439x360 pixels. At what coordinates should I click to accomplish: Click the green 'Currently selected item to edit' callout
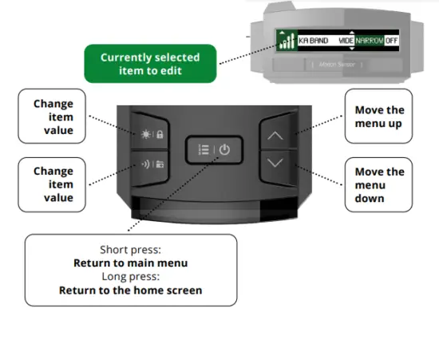(150, 64)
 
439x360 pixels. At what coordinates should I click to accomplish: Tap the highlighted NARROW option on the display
(370, 40)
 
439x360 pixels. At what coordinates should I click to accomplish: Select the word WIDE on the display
(346, 40)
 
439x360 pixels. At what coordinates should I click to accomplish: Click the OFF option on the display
(391, 40)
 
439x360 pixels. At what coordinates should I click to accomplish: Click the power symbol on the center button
(224, 149)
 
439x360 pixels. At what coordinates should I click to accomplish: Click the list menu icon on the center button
(203, 149)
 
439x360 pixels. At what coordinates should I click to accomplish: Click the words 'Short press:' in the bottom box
(131, 249)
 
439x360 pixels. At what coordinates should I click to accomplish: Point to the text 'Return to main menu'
(131, 263)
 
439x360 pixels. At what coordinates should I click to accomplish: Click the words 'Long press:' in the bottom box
(131, 276)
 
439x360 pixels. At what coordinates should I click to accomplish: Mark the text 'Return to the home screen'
(131, 290)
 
